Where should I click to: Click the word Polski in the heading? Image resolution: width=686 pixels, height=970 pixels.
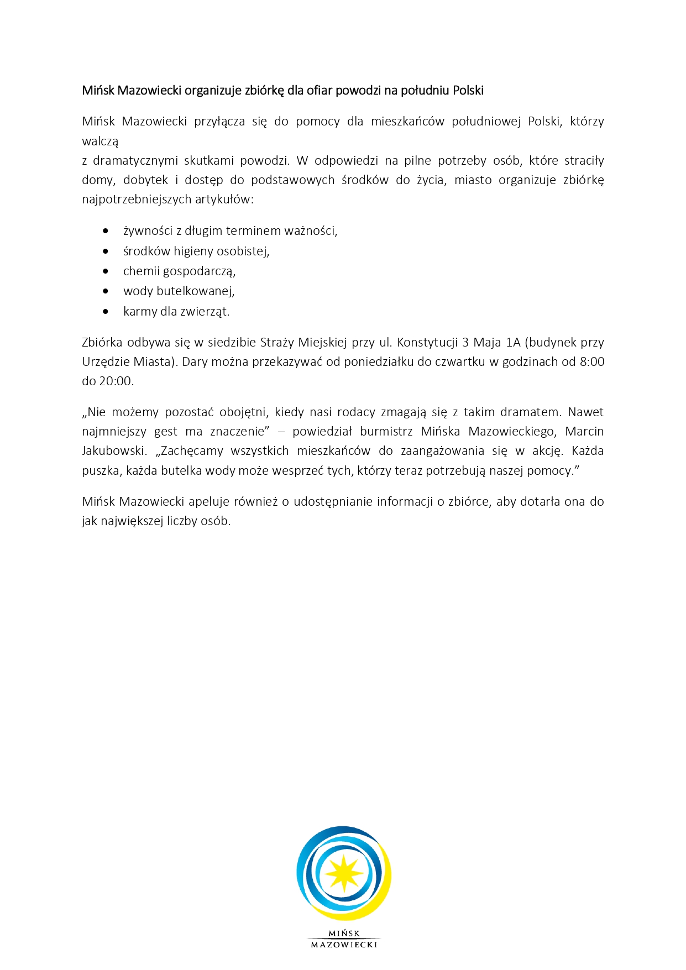468,90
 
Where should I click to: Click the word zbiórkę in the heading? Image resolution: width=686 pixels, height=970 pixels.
264,90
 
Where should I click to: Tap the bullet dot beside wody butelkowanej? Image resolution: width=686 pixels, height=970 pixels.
106,291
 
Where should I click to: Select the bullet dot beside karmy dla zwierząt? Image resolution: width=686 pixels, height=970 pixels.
106,312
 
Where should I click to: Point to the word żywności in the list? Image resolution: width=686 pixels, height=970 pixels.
148,231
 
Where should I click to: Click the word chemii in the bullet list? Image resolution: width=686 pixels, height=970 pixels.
141,271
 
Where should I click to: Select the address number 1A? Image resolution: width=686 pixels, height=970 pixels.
513,342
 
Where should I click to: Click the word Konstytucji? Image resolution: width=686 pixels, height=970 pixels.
427,342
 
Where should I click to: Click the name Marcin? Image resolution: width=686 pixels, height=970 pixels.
584,431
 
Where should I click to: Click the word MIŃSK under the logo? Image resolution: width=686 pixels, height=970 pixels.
344,934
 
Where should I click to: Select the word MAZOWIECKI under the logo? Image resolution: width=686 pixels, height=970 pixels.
344,945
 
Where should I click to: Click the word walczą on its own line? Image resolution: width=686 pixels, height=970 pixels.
100,141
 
